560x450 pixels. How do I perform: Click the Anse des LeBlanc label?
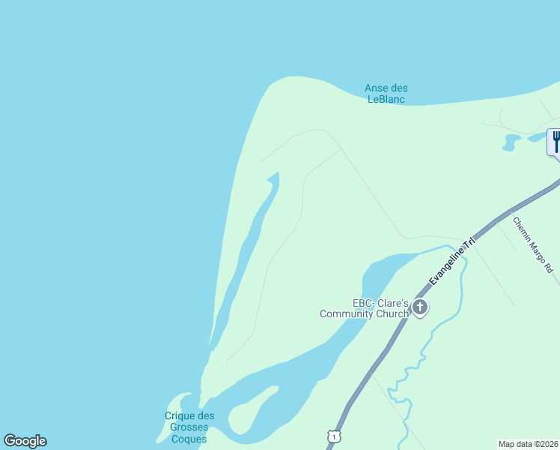tap(386, 94)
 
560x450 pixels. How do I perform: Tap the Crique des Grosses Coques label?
tap(189, 427)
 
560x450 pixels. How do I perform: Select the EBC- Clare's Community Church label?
tap(365, 308)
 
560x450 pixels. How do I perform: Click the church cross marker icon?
tap(420, 306)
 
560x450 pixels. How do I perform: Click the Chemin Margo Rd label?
tap(532, 244)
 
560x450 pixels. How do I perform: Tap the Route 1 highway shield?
tap(333, 436)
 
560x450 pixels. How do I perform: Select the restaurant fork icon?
tap(556, 141)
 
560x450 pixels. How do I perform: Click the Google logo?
tap(25, 441)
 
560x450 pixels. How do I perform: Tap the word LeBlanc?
tap(387, 100)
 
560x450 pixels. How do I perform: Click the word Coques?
tap(189, 439)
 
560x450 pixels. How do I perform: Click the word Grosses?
tap(189, 427)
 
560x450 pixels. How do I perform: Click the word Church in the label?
tap(392, 314)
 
